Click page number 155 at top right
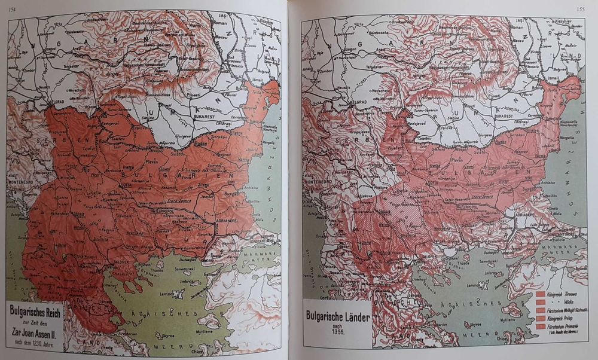[x=579, y=8]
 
